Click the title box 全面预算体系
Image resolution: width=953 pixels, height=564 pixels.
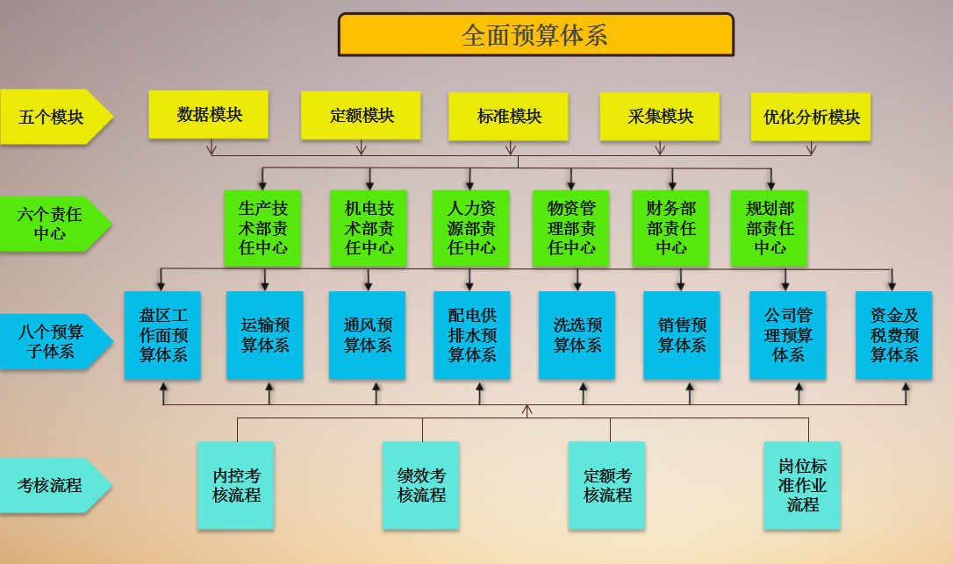(x=535, y=35)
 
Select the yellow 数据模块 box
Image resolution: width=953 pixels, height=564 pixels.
(x=209, y=114)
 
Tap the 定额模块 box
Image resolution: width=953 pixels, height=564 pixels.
(x=362, y=116)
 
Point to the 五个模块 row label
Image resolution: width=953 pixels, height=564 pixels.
(x=53, y=116)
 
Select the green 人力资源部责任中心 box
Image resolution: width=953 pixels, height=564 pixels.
(x=471, y=228)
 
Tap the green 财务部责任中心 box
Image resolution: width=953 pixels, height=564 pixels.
(x=671, y=228)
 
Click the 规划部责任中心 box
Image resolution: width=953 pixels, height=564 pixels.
(x=770, y=228)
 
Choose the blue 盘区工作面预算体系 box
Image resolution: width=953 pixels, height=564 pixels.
(x=162, y=335)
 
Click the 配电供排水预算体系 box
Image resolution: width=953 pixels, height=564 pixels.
(x=472, y=335)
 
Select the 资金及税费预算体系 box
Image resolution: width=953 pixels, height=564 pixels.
(x=894, y=335)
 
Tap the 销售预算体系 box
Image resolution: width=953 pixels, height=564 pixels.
(x=682, y=335)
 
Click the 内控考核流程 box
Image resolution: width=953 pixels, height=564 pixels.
(x=236, y=485)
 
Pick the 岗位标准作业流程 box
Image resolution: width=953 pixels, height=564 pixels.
(x=802, y=485)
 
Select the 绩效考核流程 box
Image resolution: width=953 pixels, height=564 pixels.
(x=420, y=485)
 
